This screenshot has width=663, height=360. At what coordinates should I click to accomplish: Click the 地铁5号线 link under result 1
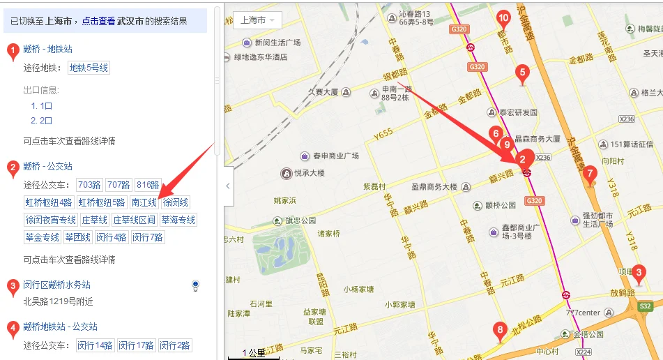pyautogui.click(x=89, y=68)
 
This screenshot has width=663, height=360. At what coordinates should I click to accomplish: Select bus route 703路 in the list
pyautogui.click(x=89, y=185)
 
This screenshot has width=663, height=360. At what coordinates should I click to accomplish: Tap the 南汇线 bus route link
pyautogui.click(x=144, y=202)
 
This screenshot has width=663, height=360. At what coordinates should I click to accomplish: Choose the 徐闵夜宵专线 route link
pyautogui.click(x=50, y=220)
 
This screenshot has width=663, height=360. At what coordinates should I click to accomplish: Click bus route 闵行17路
pyautogui.click(x=136, y=345)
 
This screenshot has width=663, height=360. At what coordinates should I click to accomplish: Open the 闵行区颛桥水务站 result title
pyautogui.click(x=56, y=285)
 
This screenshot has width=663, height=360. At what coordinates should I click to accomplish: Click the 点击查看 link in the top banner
pyautogui.click(x=98, y=21)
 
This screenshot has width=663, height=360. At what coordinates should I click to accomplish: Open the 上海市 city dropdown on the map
pyautogui.click(x=257, y=20)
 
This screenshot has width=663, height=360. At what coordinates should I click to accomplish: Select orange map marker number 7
pyautogui.click(x=590, y=175)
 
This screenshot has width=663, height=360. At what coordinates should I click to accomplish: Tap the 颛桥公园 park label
pyautogui.click(x=500, y=205)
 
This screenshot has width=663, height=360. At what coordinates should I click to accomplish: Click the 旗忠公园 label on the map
pyautogui.click(x=301, y=220)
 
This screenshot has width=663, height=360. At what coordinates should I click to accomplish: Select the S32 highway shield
pyautogui.click(x=645, y=306)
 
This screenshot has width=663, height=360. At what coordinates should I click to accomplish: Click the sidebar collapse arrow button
pyautogui.click(x=228, y=186)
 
